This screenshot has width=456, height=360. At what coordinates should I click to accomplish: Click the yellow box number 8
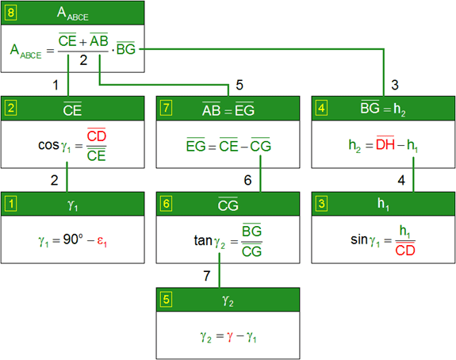point(11,13)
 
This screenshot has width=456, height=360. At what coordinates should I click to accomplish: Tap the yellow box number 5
point(166,300)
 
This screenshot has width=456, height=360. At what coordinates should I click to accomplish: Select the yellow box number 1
point(11,204)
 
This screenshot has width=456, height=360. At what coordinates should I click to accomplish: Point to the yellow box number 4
point(321,108)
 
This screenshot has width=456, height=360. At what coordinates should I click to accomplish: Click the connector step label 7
point(207,276)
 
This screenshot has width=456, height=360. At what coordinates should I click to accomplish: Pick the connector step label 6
point(247,180)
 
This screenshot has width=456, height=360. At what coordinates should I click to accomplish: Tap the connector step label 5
point(239,85)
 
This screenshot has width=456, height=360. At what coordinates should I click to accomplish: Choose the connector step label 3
point(395,85)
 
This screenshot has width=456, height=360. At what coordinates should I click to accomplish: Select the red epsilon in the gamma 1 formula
point(102,241)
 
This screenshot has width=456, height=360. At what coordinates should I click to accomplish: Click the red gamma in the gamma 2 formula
point(230,337)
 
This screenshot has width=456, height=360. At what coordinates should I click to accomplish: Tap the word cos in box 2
point(48,145)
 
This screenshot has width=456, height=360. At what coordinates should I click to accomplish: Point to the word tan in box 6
point(203,240)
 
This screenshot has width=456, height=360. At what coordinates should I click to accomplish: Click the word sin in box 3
point(359,240)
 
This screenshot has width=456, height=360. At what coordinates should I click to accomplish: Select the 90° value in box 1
point(73,239)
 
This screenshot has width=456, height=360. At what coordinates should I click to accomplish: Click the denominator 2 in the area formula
point(83,60)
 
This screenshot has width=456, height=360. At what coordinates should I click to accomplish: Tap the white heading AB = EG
point(228,109)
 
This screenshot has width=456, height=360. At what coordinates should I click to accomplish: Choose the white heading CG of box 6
point(228,205)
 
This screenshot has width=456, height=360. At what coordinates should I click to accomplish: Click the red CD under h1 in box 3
point(405,250)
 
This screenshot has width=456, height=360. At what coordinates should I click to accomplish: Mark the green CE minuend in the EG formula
point(228,145)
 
